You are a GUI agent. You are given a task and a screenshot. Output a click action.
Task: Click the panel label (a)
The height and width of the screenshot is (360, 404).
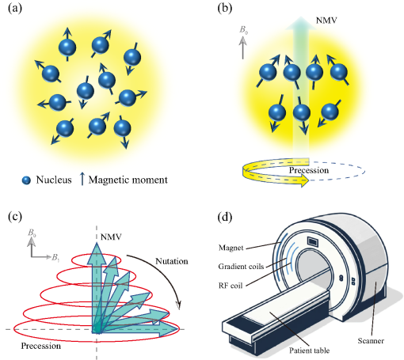(15, 8)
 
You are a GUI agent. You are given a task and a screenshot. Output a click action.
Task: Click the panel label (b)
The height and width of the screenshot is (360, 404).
(225, 8)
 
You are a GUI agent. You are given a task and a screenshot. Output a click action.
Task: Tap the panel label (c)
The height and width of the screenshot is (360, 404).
(15, 217)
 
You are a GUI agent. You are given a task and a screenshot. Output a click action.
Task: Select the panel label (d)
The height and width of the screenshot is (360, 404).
(225, 217)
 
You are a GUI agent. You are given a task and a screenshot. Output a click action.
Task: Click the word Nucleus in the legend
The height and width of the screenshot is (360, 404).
(54, 180)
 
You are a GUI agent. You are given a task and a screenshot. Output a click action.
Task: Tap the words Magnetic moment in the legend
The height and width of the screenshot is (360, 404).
(128, 180)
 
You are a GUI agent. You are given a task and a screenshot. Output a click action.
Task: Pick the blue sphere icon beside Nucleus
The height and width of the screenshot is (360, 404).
(26, 180)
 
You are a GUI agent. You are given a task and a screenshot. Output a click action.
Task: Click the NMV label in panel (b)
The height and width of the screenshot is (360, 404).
(326, 21)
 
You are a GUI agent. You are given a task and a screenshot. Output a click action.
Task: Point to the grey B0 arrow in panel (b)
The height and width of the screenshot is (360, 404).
(242, 47)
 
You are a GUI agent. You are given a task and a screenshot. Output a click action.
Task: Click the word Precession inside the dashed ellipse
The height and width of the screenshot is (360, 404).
(309, 170)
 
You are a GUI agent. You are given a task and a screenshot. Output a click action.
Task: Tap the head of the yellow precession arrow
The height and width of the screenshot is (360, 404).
(305, 181)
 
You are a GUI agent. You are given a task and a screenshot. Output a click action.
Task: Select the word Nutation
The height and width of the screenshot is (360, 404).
(172, 261)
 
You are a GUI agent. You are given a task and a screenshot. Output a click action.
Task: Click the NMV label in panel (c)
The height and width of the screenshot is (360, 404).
(111, 237)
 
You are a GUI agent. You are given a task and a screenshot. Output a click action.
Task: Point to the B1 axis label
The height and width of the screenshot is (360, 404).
(55, 257)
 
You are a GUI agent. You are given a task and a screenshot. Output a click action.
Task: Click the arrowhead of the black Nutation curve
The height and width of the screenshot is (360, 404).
(179, 305)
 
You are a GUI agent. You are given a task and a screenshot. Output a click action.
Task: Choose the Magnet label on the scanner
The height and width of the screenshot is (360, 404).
(231, 248)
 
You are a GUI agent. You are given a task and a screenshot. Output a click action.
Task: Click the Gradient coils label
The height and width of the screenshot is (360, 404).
(241, 267)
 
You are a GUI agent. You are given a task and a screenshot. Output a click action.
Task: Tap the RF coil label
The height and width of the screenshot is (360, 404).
(231, 286)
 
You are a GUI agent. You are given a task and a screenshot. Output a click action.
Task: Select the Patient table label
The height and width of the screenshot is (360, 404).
(309, 351)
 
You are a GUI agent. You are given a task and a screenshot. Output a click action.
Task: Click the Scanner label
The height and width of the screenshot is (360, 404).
(371, 340)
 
